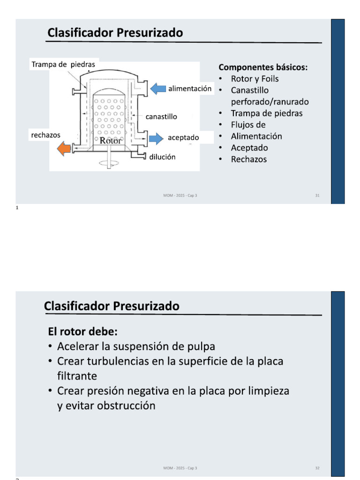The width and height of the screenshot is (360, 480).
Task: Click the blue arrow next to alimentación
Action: pos(158,88)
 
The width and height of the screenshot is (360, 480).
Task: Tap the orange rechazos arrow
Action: pos(63,149)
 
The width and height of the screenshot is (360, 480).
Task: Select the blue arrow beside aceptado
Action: pos(155,138)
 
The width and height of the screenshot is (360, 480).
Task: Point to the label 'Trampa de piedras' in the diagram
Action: pos(63,64)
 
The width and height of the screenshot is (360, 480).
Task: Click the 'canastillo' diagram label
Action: pos(161,116)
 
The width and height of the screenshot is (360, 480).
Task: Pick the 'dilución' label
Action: pos(162,157)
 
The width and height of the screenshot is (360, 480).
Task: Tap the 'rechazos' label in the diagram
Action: pos(45,135)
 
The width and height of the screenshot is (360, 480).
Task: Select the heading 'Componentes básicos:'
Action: pos(263,67)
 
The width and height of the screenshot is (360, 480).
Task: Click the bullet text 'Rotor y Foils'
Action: pos(255,79)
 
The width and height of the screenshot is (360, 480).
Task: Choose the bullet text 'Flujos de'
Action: pos(248,125)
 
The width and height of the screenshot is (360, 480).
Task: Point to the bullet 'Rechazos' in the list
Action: pos(248,159)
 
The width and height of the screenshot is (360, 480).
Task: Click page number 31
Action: pos(317,195)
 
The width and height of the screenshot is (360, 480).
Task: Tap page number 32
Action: pos(317,468)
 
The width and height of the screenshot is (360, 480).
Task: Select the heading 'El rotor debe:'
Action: pos(82,332)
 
